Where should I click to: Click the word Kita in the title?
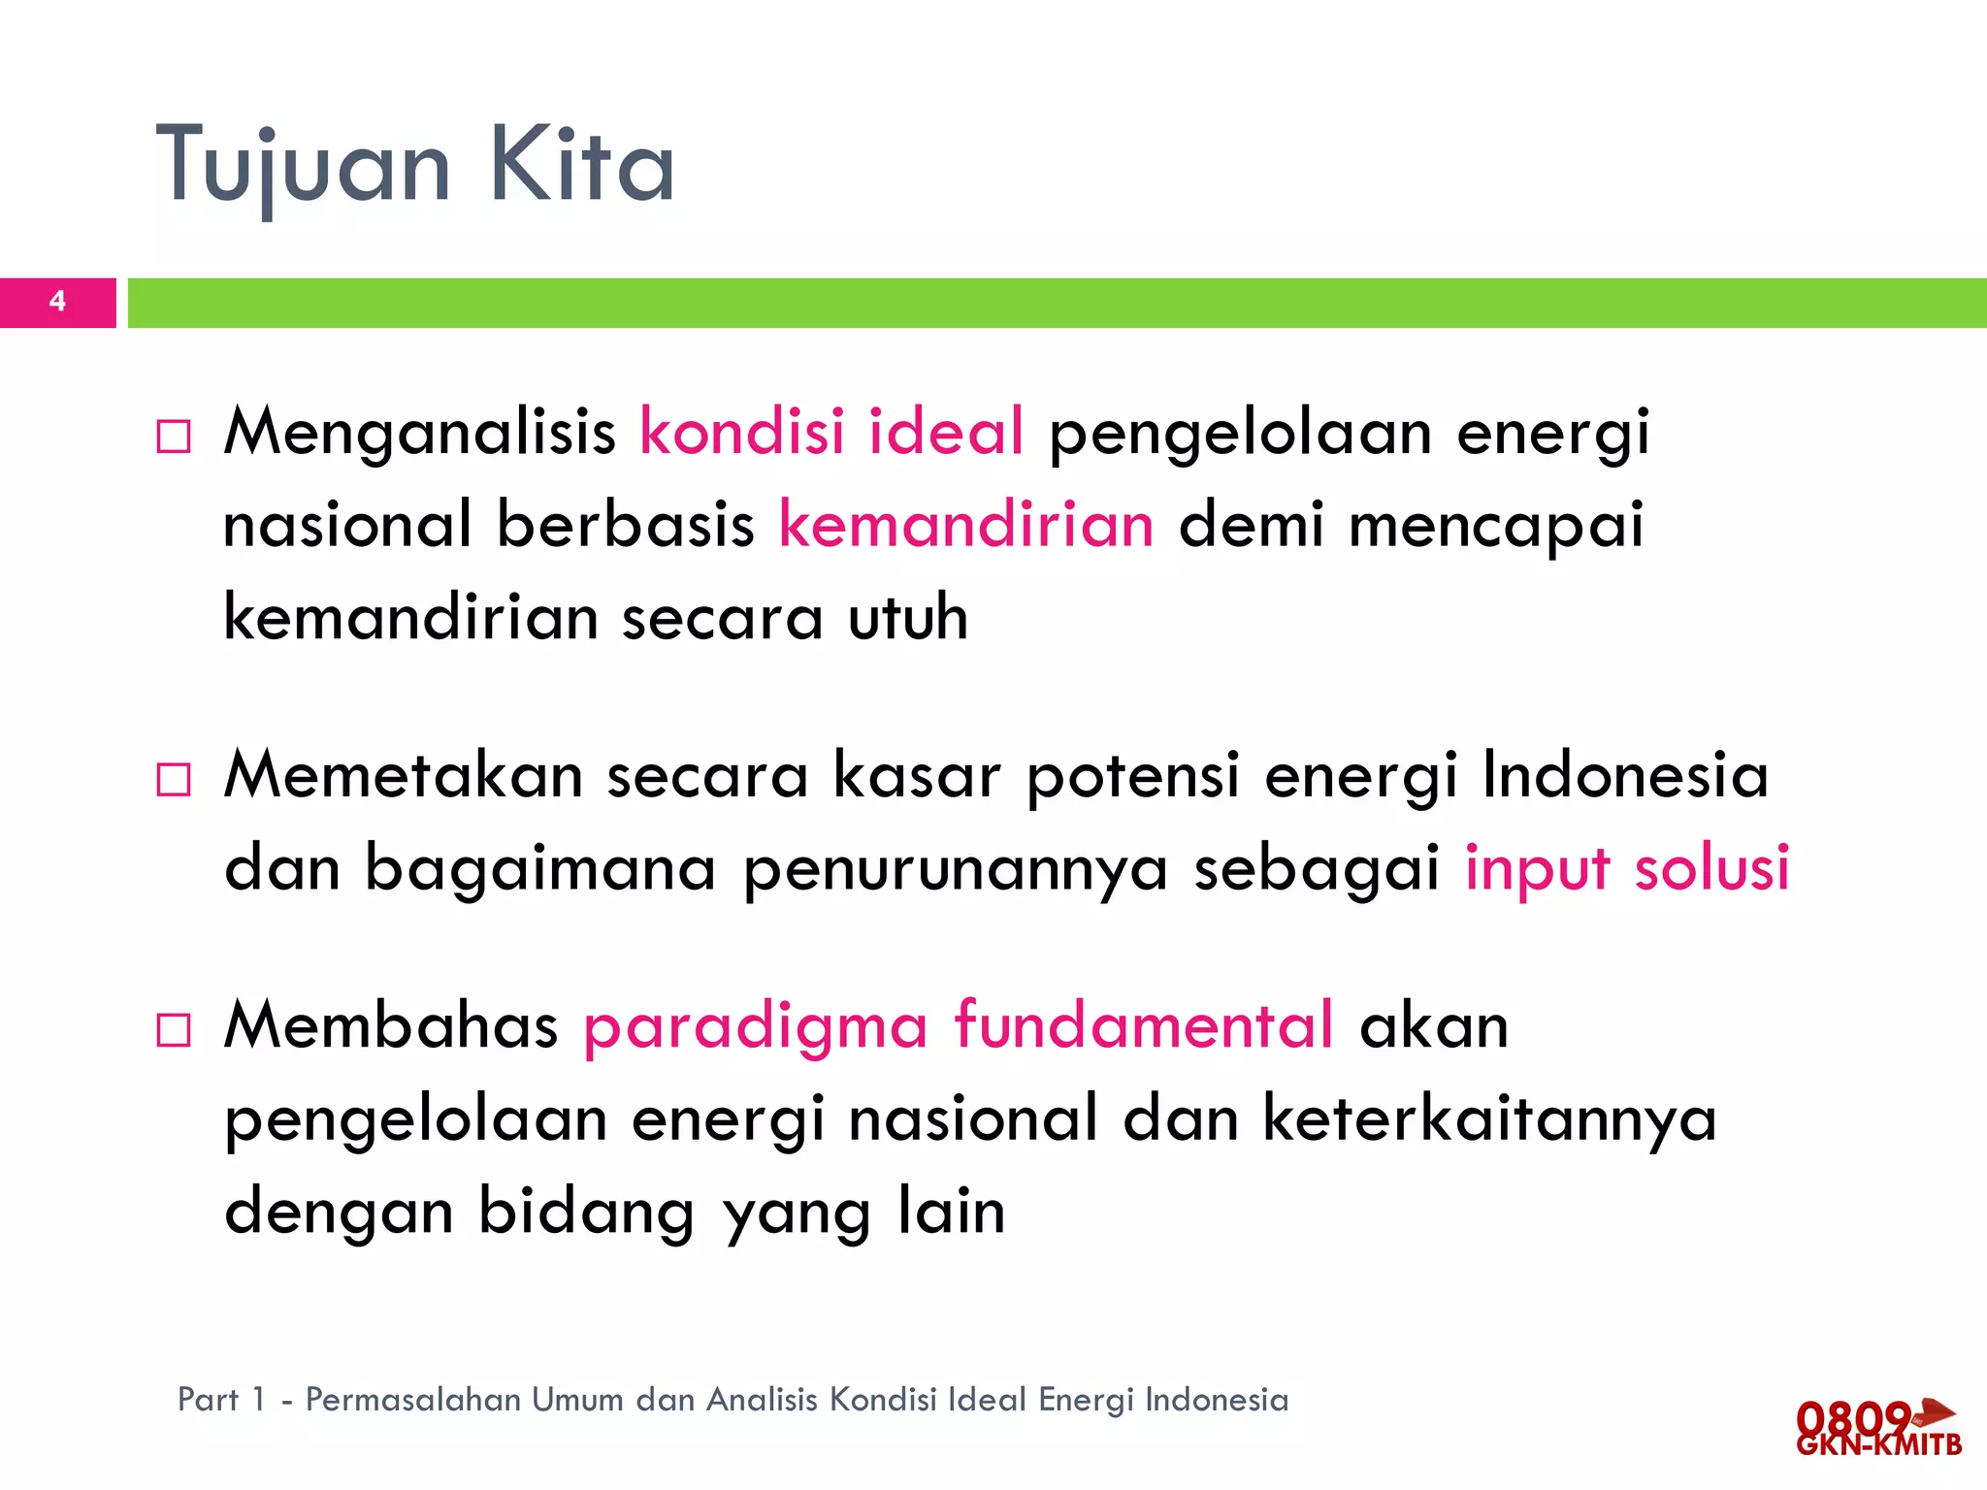click(581, 165)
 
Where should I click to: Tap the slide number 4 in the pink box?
click(57, 302)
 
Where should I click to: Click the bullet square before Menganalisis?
click(174, 437)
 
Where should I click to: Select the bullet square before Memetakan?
click(174, 779)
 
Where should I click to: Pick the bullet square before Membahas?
click(174, 1029)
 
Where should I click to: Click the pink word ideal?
click(946, 431)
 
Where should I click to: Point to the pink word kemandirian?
click(966, 525)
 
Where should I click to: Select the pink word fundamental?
click(1144, 1025)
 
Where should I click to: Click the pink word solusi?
click(1711, 867)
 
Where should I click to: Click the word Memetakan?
click(404, 775)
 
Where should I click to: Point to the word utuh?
click(908, 617)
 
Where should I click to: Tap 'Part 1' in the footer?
click(221, 1400)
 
